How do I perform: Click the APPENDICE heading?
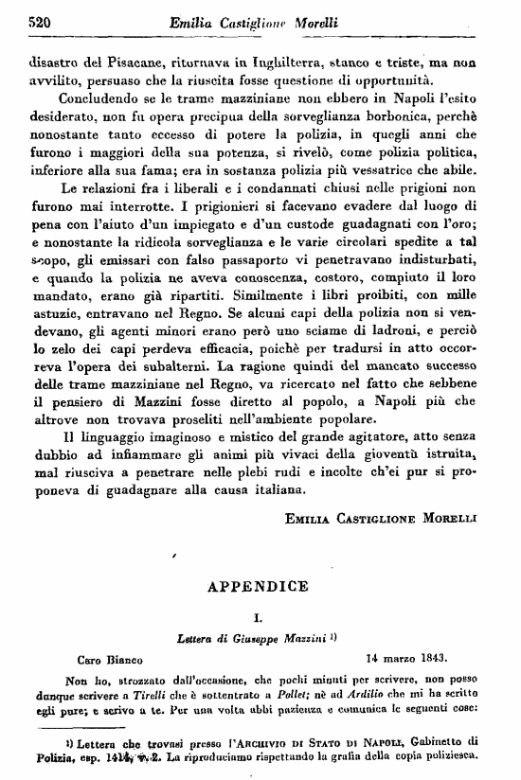click(258, 586)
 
